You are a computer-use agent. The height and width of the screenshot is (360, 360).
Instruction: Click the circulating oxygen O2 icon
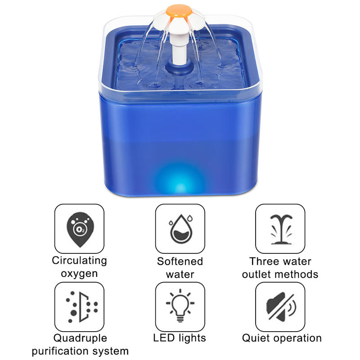pos(79,229)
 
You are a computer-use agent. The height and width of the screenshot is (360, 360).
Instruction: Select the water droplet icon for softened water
pos(180,229)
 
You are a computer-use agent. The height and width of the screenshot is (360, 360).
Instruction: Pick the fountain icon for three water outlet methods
pos(280,229)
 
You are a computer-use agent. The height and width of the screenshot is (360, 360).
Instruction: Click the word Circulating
pos(79,261)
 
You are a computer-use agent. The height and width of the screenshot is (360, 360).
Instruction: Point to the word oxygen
pos(79,274)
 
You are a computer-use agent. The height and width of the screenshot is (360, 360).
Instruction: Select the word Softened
pos(180,261)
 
